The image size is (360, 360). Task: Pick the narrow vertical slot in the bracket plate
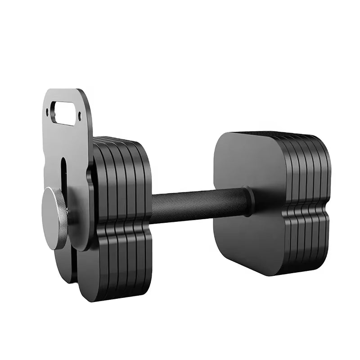(63, 171)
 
